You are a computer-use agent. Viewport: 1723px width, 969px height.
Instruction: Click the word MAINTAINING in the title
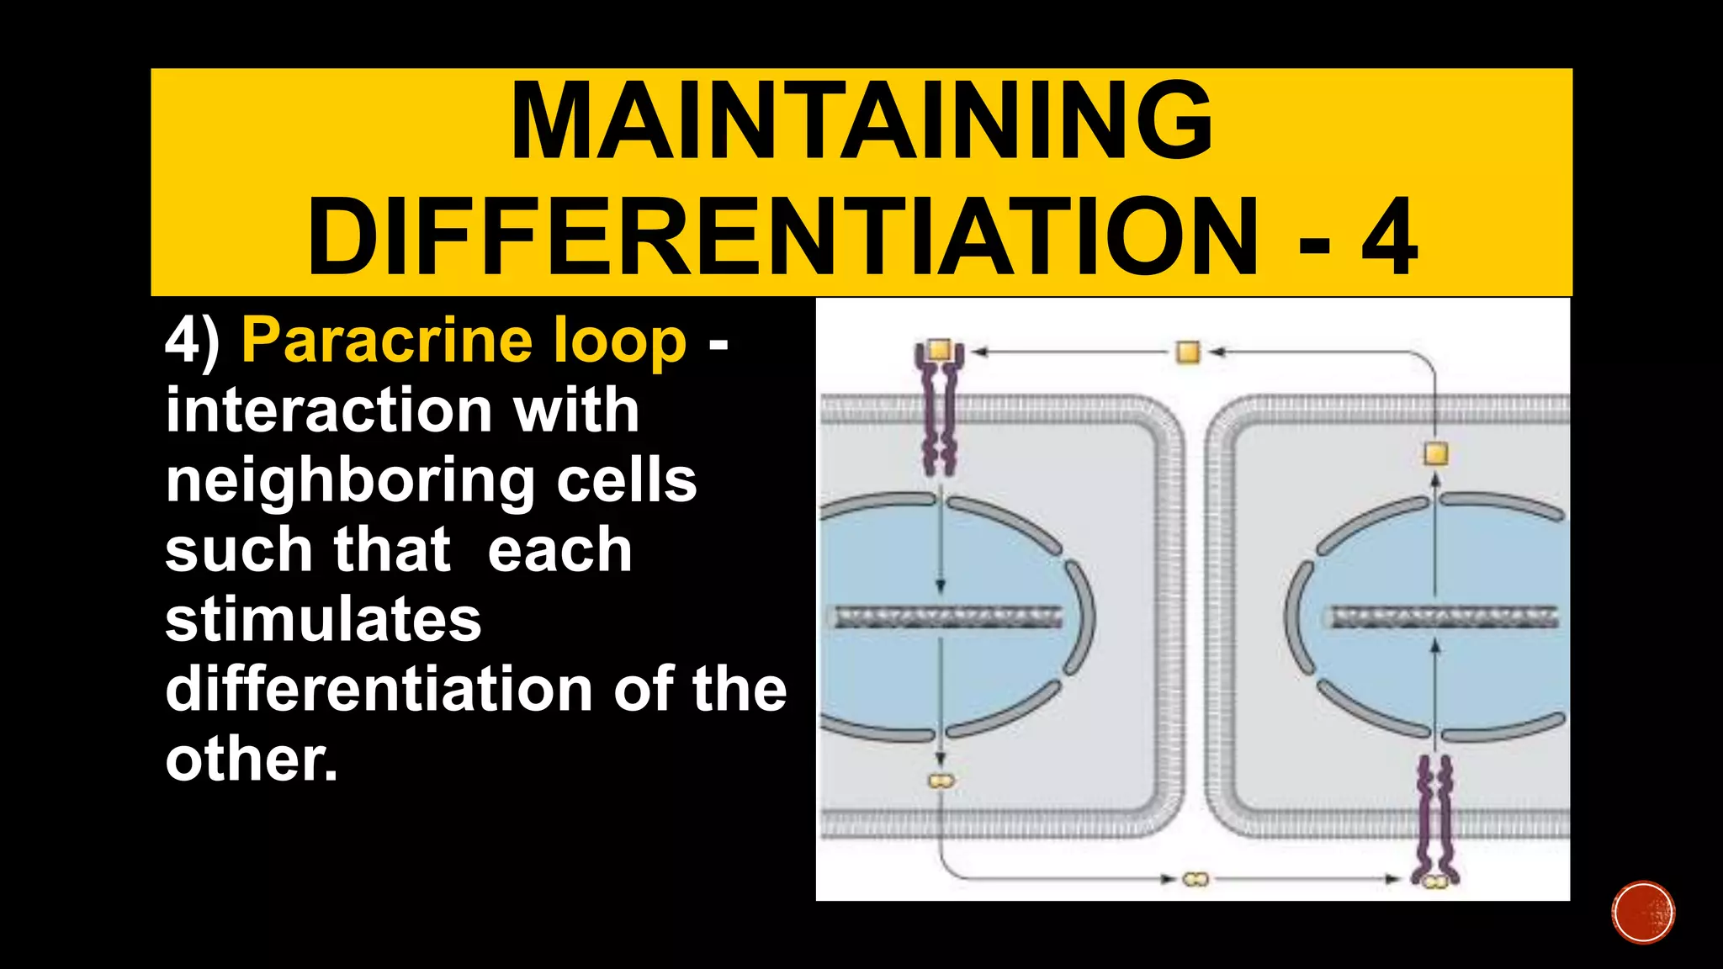coord(861,121)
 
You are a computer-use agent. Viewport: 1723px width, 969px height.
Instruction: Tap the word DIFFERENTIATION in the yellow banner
coord(782,238)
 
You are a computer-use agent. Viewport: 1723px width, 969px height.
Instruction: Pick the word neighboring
coord(349,481)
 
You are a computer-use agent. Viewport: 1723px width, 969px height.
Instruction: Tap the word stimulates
coord(323,620)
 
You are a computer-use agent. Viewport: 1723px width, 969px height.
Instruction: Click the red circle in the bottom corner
coord(1643,913)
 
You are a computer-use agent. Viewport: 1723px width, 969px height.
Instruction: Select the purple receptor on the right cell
coord(1435,820)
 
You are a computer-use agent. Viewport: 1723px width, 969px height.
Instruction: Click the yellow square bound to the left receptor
coord(939,350)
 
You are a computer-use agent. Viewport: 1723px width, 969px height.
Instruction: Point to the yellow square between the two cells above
coord(1188,352)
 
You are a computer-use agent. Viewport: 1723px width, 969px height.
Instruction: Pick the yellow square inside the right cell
coord(1436,454)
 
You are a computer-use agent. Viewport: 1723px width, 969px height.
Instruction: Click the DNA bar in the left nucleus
coord(946,618)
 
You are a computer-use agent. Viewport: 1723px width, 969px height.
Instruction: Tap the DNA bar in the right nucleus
coord(1443,618)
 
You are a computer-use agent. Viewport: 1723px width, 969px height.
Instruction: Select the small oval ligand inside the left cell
coord(941,781)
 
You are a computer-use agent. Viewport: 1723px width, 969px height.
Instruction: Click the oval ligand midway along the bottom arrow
coord(1195,879)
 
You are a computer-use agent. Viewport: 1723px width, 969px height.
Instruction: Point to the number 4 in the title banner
coord(1390,238)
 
